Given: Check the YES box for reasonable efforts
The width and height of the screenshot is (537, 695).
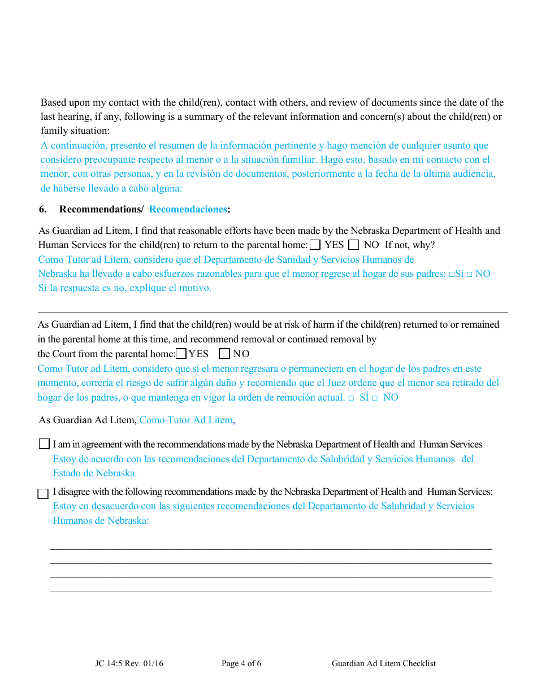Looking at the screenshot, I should [x=315, y=245].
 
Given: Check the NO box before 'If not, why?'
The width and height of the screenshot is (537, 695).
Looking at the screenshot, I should [x=354, y=245].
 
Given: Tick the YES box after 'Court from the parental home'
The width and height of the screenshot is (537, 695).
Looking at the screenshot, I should [x=181, y=354].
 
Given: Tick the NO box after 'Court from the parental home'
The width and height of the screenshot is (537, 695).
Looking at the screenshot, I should [x=224, y=354].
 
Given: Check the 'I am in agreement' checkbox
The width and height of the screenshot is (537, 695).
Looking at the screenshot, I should [x=44, y=444].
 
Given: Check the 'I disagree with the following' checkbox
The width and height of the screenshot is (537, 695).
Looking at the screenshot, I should [x=43, y=494].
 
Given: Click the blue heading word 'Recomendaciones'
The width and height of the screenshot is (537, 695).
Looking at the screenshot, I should [x=188, y=210].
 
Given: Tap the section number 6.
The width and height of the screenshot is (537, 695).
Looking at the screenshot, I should [x=42, y=210].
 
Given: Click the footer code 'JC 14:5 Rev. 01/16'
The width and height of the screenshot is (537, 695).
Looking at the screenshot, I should [x=129, y=664].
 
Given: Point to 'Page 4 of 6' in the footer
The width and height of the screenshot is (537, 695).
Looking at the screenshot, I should [x=241, y=664].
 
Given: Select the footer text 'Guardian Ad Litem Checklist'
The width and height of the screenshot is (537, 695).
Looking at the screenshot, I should [x=384, y=664].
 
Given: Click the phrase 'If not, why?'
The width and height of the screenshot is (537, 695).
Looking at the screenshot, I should [x=410, y=245].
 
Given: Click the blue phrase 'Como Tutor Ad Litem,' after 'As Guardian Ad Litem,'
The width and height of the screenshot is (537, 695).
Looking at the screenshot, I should [x=187, y=420].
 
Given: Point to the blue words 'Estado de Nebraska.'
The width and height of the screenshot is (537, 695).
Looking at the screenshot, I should [x=95, y=474].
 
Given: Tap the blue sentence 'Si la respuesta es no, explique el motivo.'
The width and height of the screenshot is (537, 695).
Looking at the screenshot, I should [x=125, y=288].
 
